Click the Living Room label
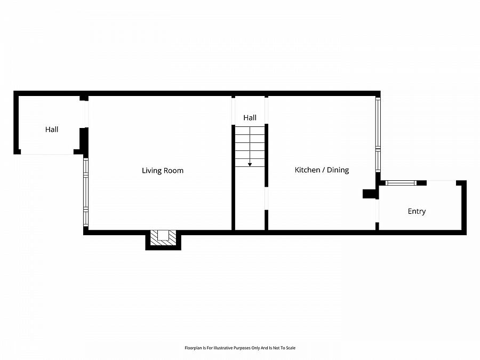(x=163, y=171)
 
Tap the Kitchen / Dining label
(x=322, y=170)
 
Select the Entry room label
(x=417, y=211)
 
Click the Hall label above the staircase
(x=250, y=118)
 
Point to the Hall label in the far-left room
(x=52, y=129)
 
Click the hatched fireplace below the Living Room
(x=163, y=238)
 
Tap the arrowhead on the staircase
(x=250, y=164)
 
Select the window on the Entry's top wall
(x=401, y=183)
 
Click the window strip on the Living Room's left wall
(x=85, y=192)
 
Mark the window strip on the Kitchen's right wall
(x=378, y=133)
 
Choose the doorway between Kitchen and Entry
(x=377, y=210)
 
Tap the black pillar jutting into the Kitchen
(x=369, y=194)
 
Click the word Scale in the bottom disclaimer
(x=290, y=348)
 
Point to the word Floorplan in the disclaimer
(x=193, y=348)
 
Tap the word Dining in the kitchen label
(x=337, y=170)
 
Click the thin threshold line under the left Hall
(x=47, y=154)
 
